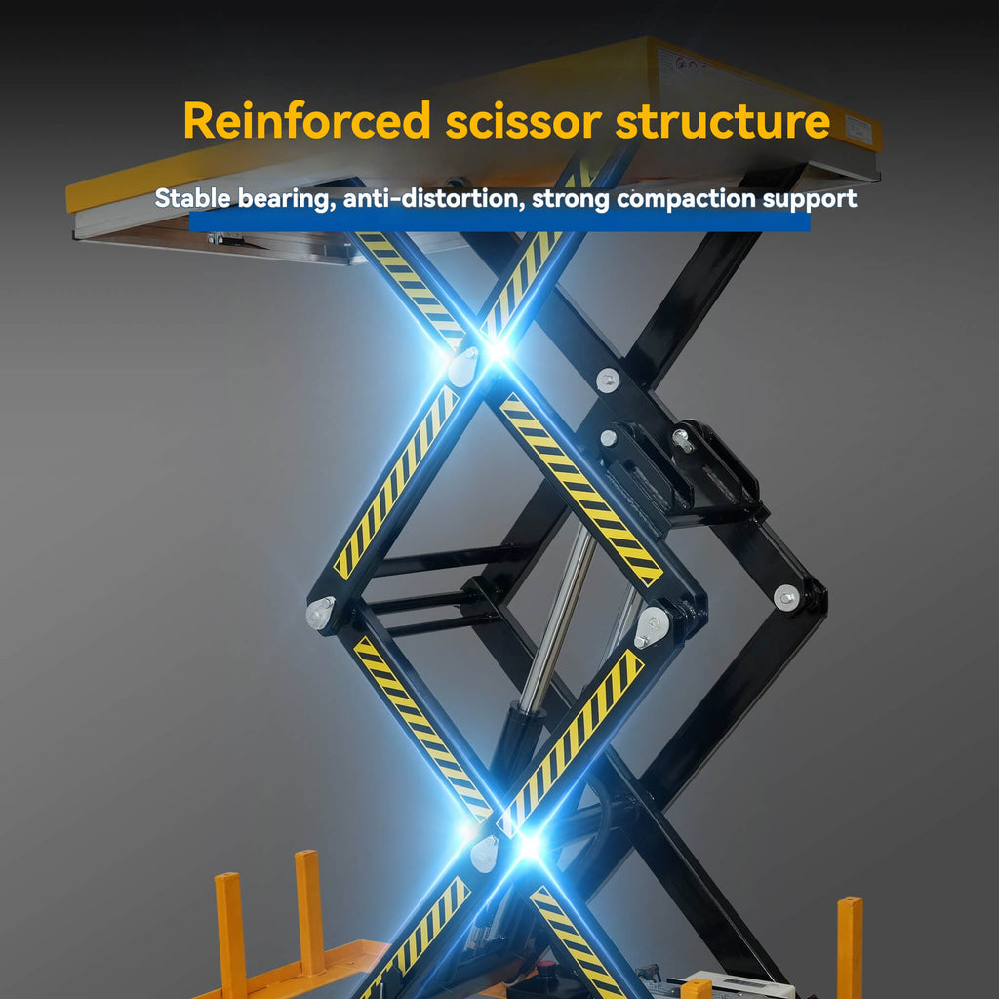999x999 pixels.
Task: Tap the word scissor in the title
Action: click(523, 120)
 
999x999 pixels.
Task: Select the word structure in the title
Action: click(723, 120)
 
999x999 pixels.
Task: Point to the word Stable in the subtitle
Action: click(192, 198)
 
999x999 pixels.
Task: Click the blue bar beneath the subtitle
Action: click(499, 221)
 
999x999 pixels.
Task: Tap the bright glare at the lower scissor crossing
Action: click(530, 847)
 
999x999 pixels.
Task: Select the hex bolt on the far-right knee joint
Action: click(786, 598)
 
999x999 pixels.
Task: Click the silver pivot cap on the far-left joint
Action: click(320, 613)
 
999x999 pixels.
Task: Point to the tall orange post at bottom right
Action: click(850, 946)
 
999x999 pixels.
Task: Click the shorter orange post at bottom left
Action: click(230, 936)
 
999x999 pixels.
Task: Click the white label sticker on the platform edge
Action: click(859, 130)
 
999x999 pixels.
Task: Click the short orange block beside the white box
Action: click(696, 989)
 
